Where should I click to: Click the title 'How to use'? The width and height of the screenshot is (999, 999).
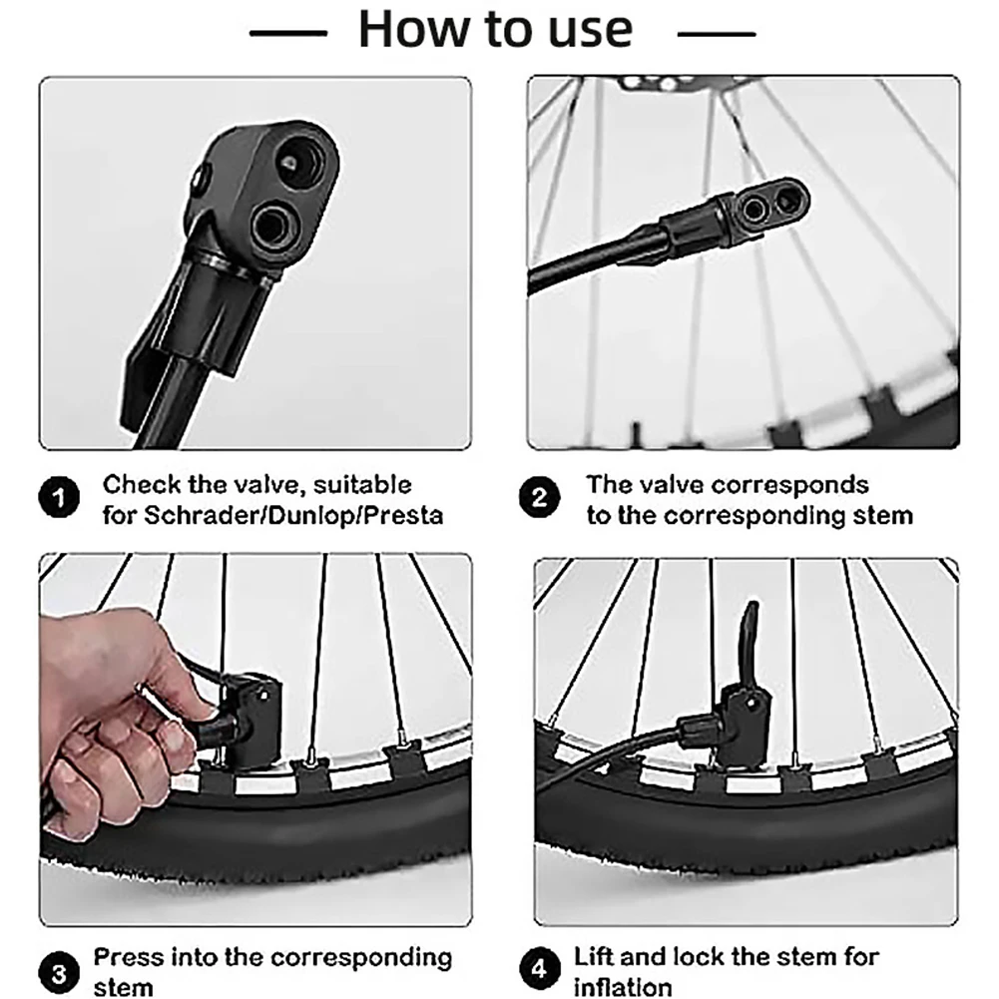[496, 29]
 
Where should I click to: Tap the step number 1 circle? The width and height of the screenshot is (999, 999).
[59, 498]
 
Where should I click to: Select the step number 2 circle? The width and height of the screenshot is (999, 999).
[539, 498]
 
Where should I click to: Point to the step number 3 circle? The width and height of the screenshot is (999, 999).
[59, 973]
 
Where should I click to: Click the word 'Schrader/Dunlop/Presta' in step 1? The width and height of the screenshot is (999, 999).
[293, 515]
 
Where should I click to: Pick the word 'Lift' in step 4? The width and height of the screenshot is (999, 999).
[593, 957]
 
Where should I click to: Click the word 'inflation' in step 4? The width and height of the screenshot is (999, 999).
[623, 987]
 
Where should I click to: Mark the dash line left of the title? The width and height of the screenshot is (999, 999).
[288, 33]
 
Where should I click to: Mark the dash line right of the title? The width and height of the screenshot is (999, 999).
[717, 33]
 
